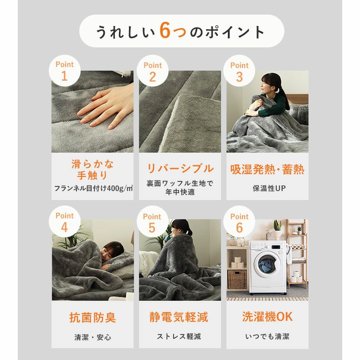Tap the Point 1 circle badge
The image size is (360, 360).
click(x=65, y=71)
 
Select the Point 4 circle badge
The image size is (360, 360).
click(x=65, y=221)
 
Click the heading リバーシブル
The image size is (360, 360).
click(x=180, y=169)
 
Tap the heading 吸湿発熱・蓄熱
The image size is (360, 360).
click(x=267, y=170)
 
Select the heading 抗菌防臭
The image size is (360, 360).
click(x=93, y=318)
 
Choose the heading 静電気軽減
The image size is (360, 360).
click(x=179, y=317)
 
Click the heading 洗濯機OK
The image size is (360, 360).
click(x=267, y=317)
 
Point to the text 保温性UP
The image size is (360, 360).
click(x=269, y=188)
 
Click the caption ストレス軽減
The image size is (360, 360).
click(x=179, y=336)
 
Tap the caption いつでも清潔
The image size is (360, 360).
click(x=267, y=337)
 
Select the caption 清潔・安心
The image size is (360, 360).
click(x=93, y=337)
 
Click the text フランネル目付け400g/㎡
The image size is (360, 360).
click(x=93, y=188)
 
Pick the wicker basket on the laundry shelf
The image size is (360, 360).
click(x=237, y=279)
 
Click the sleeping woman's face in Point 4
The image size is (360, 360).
click(x=109, y=254)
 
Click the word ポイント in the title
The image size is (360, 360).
click(x=235, y=31)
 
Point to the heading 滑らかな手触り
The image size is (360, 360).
click(x=93, y=170)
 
